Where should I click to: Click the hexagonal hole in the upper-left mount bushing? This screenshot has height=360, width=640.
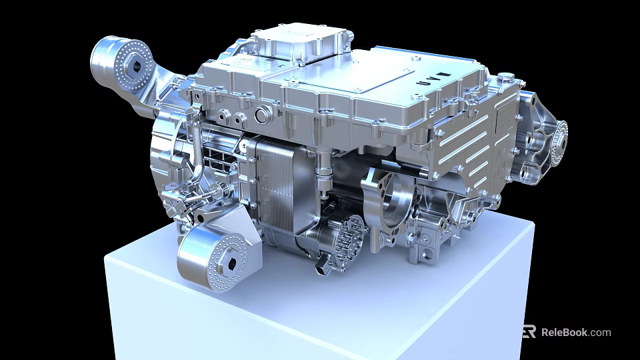[x=137, y=65]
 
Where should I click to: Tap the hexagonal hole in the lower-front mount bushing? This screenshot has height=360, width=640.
[x=231, y=263]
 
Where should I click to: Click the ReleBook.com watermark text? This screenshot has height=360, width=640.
[x=575, y=332]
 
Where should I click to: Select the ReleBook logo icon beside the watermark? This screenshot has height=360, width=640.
[x=529, y=331]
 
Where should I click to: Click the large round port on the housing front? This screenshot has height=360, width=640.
[x=262, y=113]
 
